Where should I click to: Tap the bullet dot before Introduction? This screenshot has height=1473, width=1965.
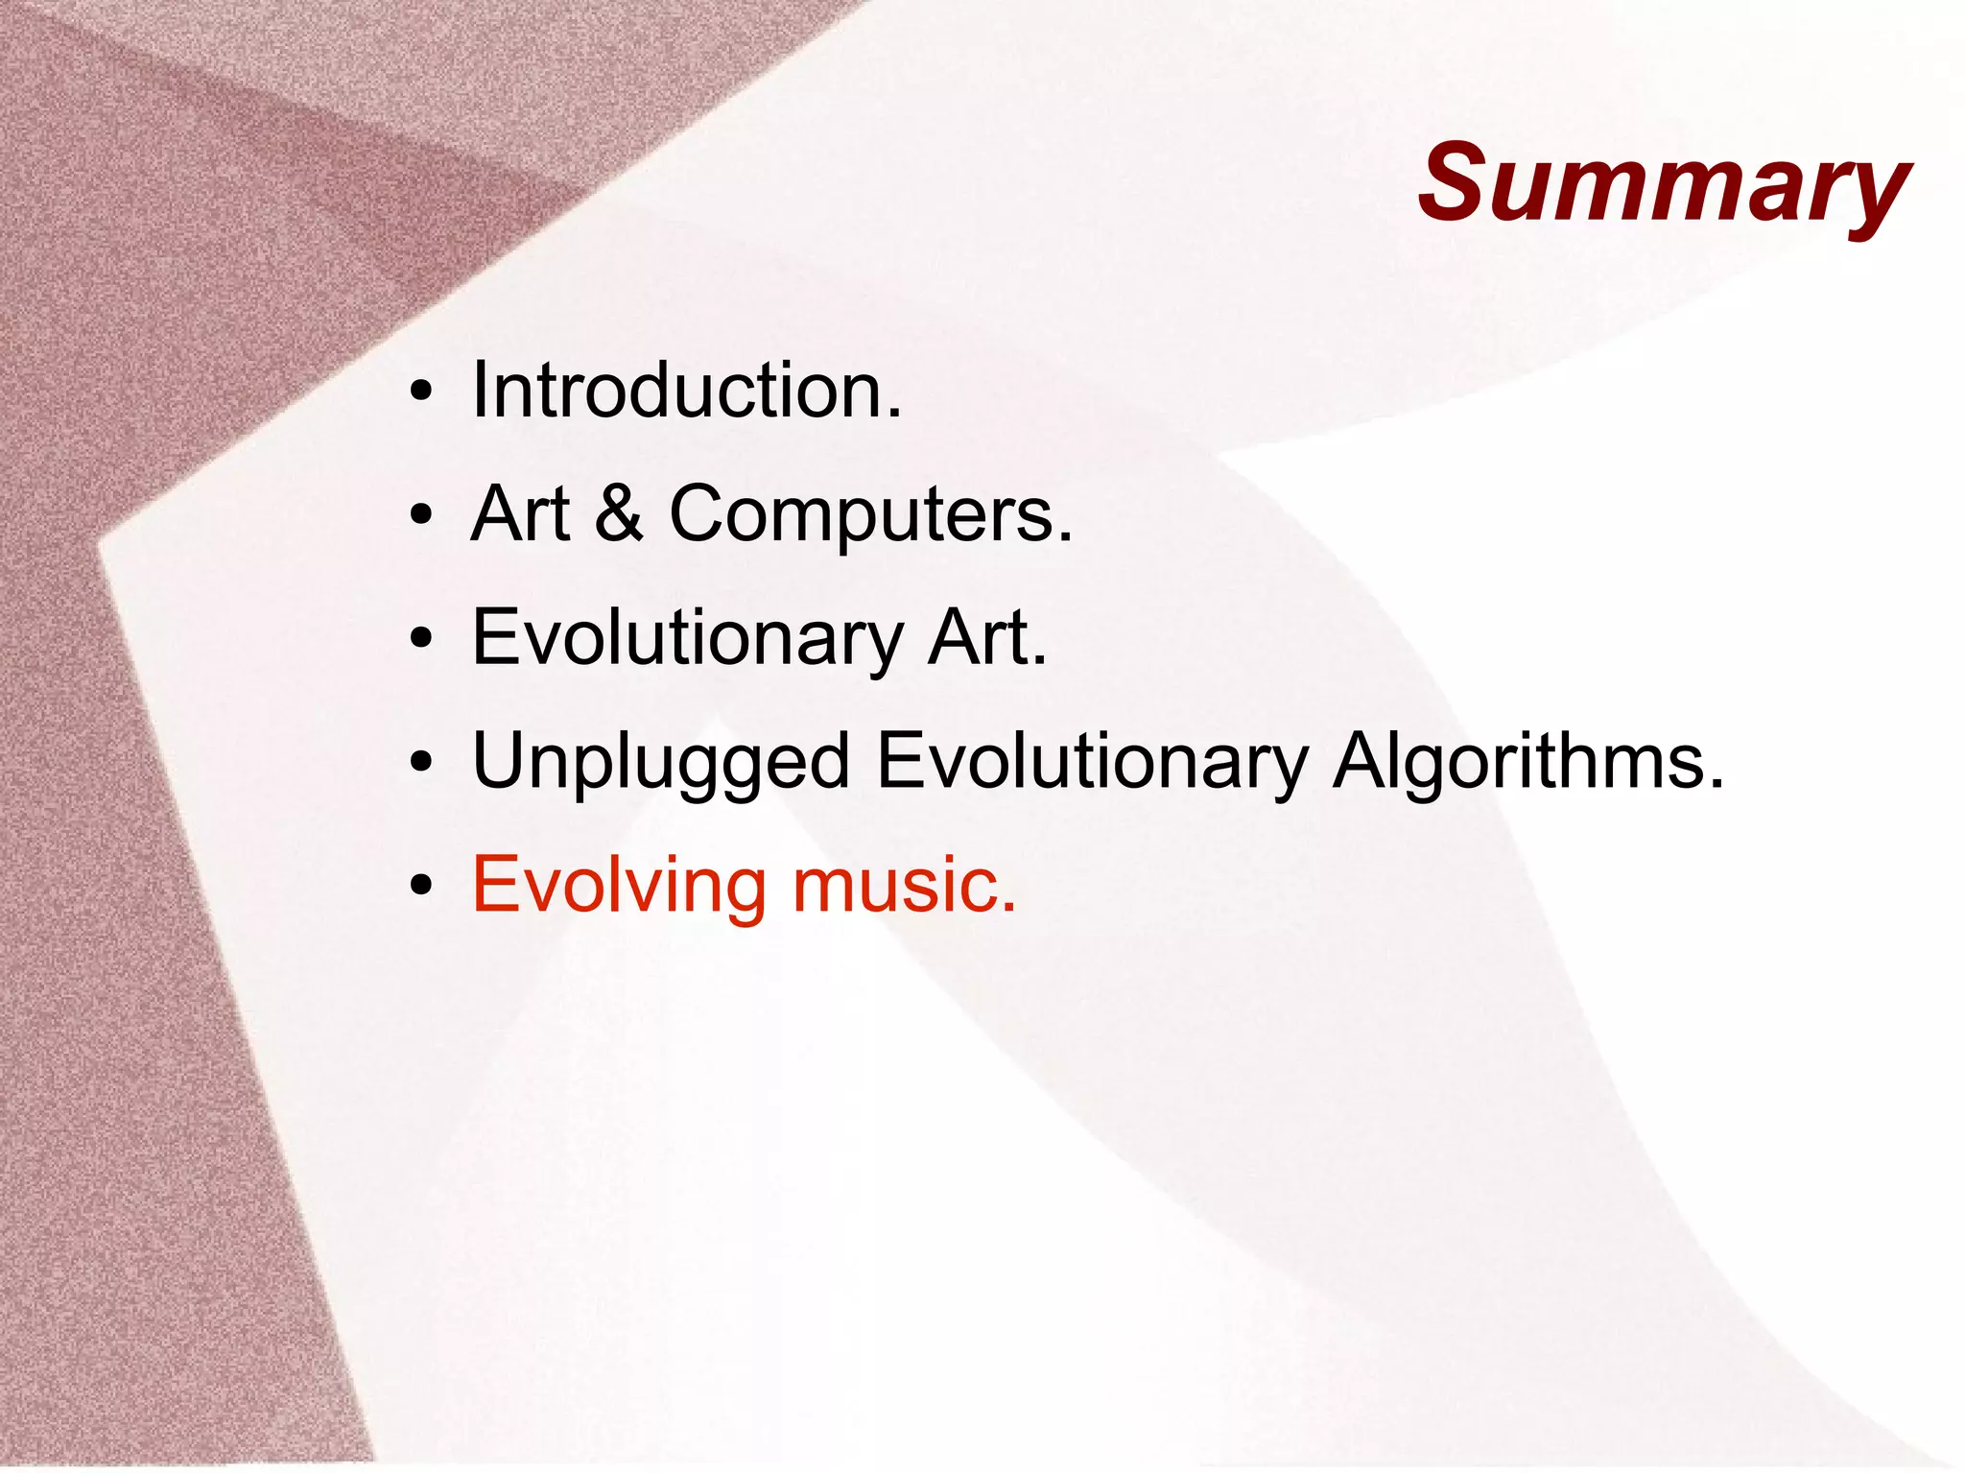420,392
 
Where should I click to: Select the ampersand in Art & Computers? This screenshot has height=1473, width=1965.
619,513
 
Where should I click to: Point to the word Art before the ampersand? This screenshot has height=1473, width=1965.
521,513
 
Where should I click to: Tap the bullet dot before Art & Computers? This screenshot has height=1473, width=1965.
420,515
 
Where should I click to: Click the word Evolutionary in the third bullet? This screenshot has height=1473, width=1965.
687,639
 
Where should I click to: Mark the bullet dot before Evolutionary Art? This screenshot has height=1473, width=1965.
420,639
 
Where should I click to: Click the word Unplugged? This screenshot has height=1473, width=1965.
661,762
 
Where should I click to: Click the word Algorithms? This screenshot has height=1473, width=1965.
1516,762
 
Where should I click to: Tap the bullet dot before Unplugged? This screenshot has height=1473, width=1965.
420,762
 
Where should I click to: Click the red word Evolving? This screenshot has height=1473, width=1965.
619,885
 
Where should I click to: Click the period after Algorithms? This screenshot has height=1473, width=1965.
1716,785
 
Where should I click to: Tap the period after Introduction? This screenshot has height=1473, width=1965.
894,415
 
